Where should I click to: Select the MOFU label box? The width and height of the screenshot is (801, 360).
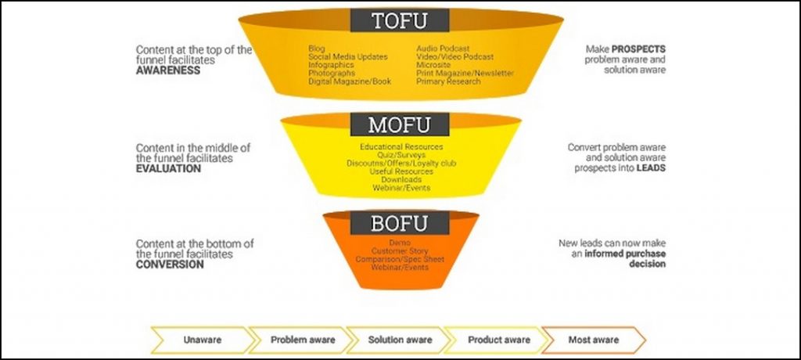[x=400, y=124]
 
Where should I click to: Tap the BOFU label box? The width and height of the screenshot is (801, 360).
[x=400, y=223]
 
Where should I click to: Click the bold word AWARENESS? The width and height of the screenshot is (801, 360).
[x=168, y=70]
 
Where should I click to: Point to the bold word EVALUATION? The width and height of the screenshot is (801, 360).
[x=168, y=168]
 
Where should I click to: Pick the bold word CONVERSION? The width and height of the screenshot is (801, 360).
[x=170, y=265]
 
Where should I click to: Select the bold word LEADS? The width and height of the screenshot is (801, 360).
[x=651, y=168]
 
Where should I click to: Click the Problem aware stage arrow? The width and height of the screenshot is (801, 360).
[x=302, y=340]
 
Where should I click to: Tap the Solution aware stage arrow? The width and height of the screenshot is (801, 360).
[x=400, y=340]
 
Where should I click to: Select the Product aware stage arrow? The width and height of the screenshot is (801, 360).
[x=498, y=340]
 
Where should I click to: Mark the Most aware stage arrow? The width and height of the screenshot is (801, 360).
[x=592, y=340]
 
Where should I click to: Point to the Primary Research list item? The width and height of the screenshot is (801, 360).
[x=447, y=81]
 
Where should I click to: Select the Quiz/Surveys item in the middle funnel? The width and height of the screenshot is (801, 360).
[x=401, y=155]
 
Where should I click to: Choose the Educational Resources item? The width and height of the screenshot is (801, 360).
[x=401, y=146]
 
